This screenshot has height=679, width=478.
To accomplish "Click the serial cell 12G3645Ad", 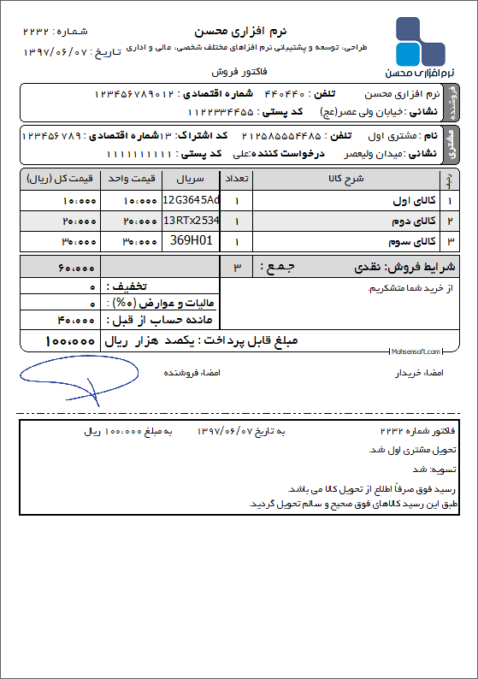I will tap(191, 200).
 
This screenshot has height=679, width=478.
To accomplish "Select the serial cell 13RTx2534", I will tap(191, 221).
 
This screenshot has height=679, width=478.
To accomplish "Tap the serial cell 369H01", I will tap(191, 241).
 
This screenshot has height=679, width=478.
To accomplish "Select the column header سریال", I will tap(191, 180).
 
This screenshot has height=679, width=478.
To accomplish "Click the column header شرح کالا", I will tap(346, 180).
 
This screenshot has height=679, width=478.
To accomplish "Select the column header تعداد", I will tap(236, 180).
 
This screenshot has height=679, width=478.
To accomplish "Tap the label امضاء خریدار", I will tap(418, 374).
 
